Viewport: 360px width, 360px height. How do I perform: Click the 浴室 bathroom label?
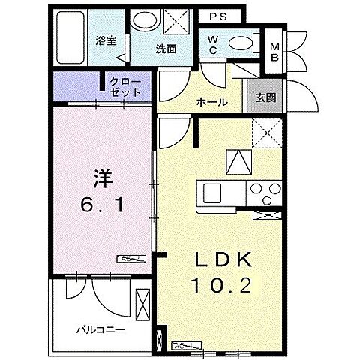(106, 40)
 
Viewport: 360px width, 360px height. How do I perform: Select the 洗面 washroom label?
(166, 49)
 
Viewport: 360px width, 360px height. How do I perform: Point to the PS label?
(220, 16)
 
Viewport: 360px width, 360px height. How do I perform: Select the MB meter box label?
(275, 50)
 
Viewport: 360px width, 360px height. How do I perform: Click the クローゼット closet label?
(124, 86)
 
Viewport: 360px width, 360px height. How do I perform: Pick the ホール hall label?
(212, 101)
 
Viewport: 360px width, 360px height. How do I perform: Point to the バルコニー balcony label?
(99, 328)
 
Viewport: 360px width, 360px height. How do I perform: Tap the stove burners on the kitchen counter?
(266, 190)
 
